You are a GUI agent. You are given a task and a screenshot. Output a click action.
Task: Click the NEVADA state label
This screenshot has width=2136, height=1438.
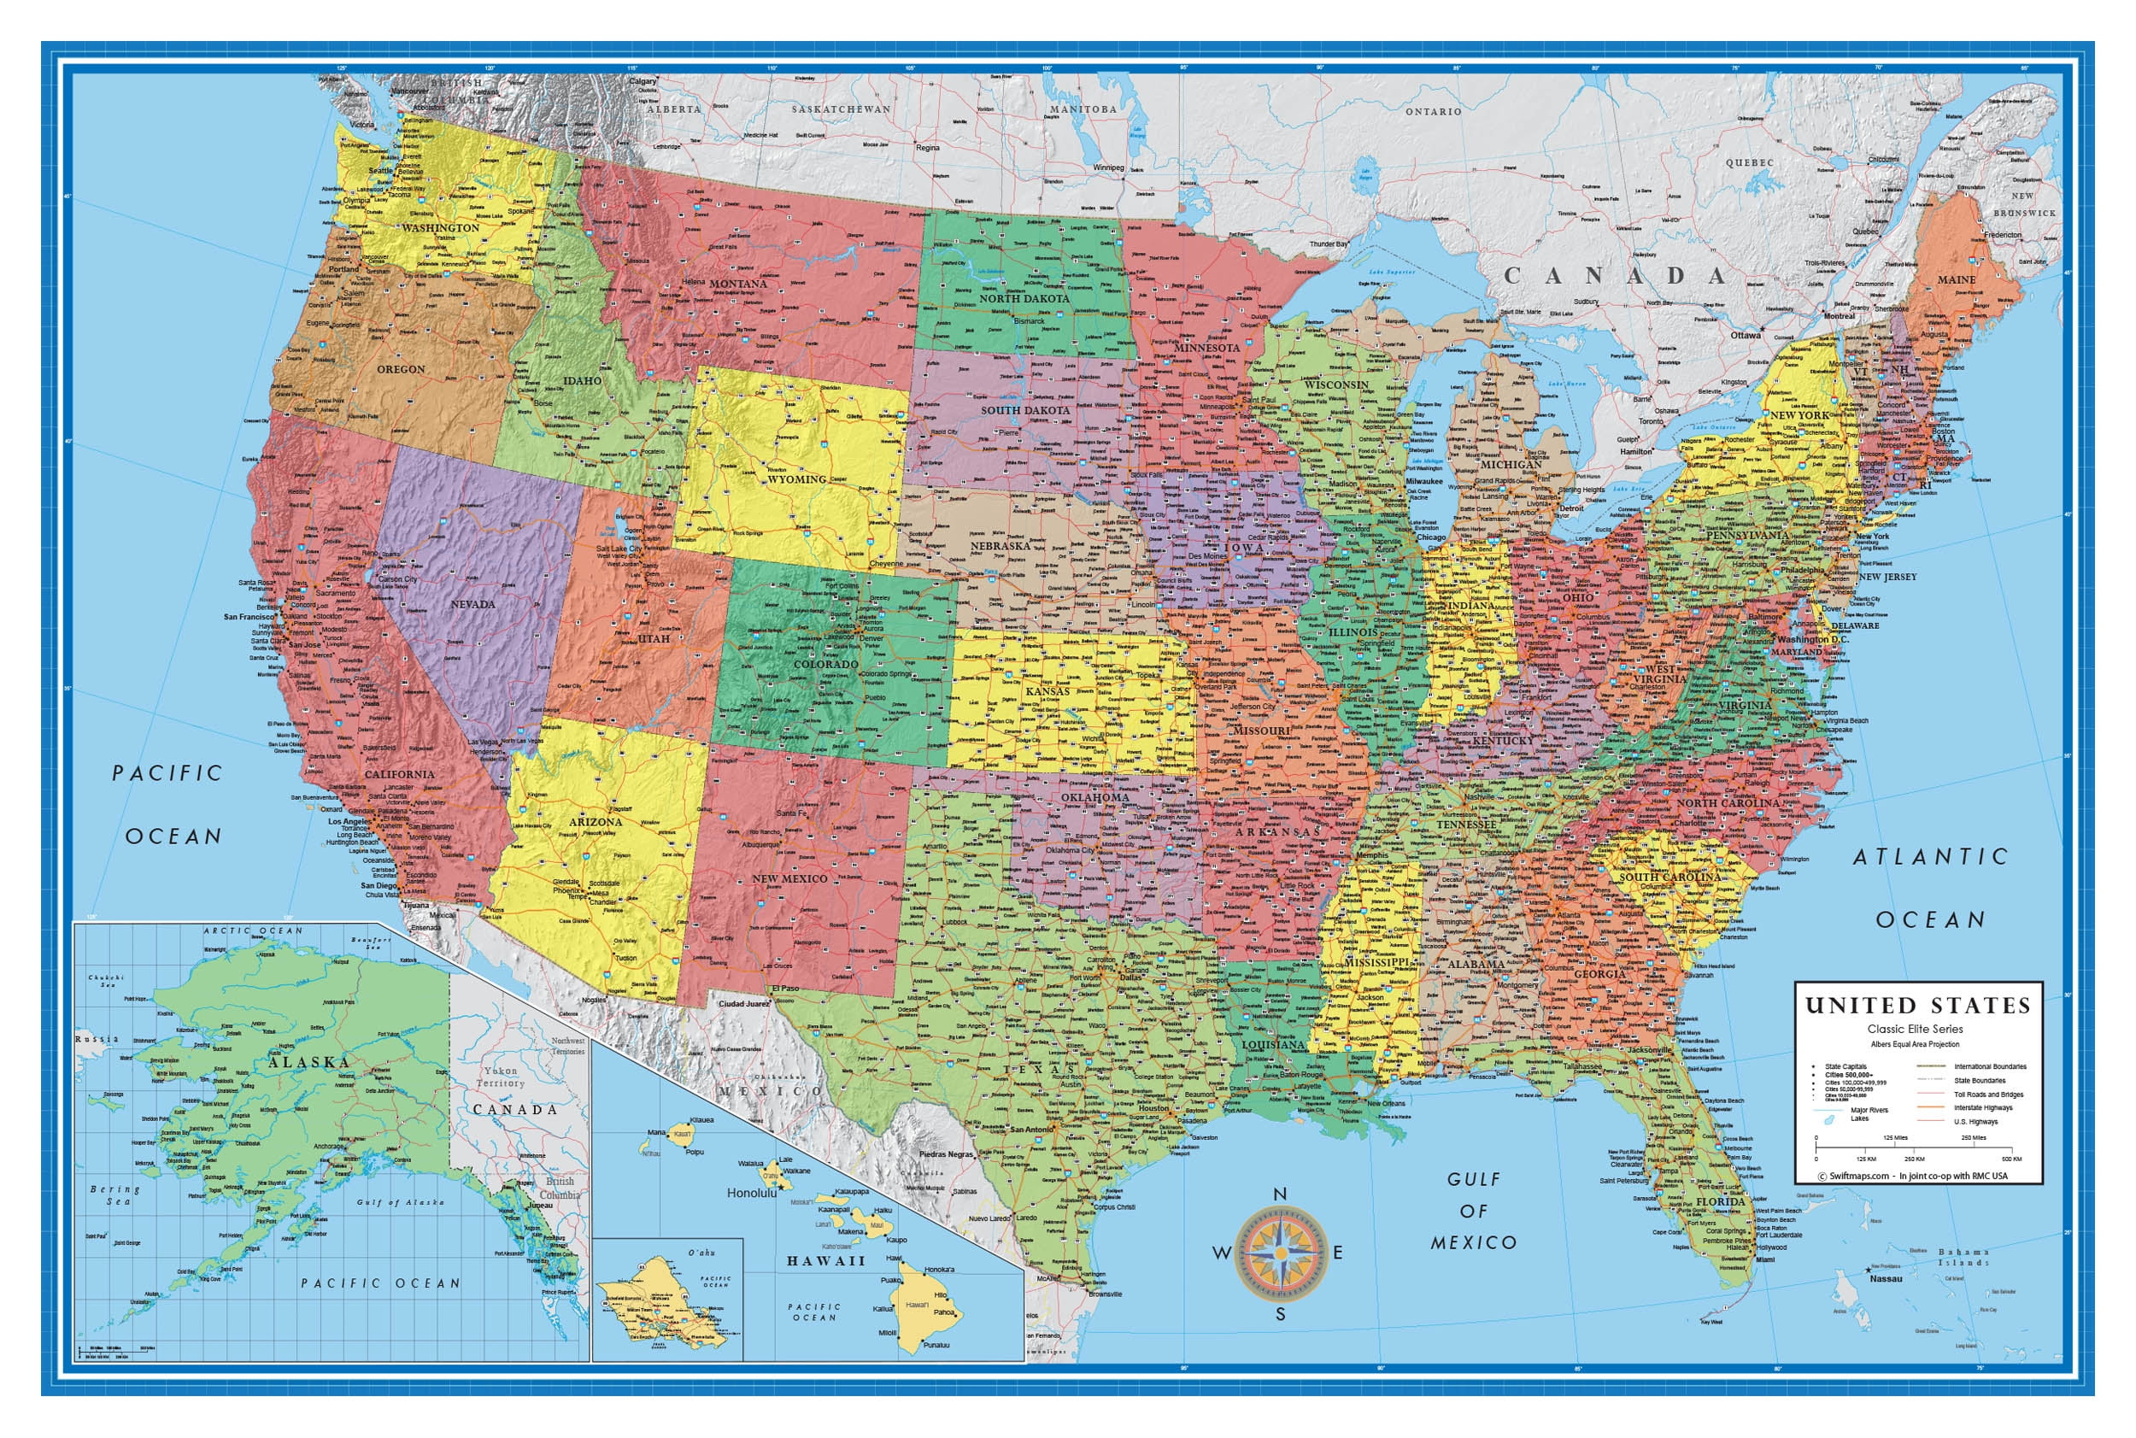(x=472, y=604)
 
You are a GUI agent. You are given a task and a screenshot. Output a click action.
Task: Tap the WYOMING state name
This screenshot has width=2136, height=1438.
(x=796, y=478)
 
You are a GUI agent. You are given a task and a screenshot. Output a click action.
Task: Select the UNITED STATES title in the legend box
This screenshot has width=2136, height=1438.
(x=1918, y=1006)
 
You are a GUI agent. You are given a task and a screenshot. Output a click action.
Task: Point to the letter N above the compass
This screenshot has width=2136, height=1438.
(x=1280, y=1193)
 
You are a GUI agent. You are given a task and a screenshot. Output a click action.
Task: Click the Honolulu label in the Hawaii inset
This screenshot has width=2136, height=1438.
(x=752, y=1193)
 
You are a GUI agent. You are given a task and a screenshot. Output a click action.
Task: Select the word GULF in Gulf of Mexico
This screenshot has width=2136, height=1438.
(x=1474, y=1179)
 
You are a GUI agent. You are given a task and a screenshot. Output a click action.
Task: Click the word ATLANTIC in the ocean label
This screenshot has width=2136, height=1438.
(x=1929, y=857)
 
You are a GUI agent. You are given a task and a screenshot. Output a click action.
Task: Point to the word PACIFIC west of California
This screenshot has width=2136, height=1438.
(x=167, y=773)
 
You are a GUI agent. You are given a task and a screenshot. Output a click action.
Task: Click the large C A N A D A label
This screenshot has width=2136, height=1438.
(x=1614, y=275)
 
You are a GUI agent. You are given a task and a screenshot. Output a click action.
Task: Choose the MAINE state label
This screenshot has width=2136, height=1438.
(x=1957, y=279)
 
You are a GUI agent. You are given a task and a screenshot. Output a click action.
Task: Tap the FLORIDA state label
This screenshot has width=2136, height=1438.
(x=1721, y=1201)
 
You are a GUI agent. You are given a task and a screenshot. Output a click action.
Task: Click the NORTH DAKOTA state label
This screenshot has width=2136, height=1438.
(x=1024, y=299)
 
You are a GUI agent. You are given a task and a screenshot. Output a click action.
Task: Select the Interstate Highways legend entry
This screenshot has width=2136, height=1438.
(x=1983, y=1108)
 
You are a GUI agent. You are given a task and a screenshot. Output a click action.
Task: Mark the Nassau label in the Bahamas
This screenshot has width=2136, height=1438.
(x=1886, y=1278)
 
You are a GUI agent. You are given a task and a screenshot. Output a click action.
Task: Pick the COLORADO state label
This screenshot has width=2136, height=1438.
(x=825, y=664)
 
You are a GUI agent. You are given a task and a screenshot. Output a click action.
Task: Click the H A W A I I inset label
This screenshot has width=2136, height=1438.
(x=825, y=1261)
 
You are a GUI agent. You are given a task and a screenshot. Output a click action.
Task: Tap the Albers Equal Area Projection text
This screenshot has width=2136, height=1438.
(x=1915, y=1045)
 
